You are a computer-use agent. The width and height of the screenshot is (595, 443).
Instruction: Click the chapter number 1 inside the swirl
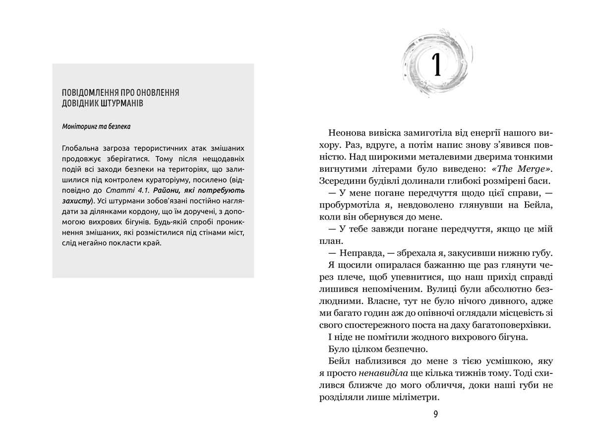436,64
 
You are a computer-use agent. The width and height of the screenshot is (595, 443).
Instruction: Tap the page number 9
435,414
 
